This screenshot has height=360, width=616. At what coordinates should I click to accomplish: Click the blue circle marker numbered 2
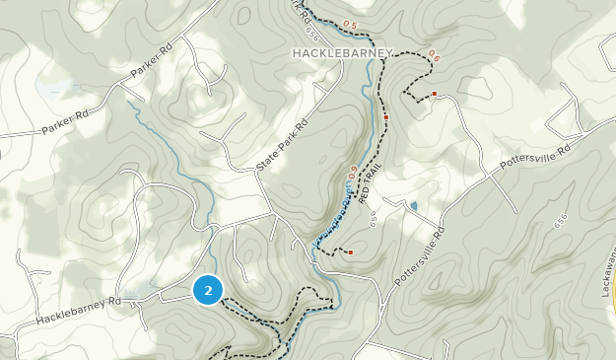(208, 290)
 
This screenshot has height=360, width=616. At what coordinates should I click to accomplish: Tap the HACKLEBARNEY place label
(342, 52)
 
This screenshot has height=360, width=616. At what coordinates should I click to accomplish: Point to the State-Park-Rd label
(283, 147)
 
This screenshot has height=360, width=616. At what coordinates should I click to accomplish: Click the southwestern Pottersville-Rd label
(420, 252)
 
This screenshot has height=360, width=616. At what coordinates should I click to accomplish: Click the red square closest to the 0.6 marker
(434, 95)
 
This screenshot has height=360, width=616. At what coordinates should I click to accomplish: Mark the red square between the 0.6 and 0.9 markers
(386, 117)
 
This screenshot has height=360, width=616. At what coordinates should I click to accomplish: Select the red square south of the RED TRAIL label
(351, 252)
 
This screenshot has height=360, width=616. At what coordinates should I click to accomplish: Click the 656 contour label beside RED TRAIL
(376, 222)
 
